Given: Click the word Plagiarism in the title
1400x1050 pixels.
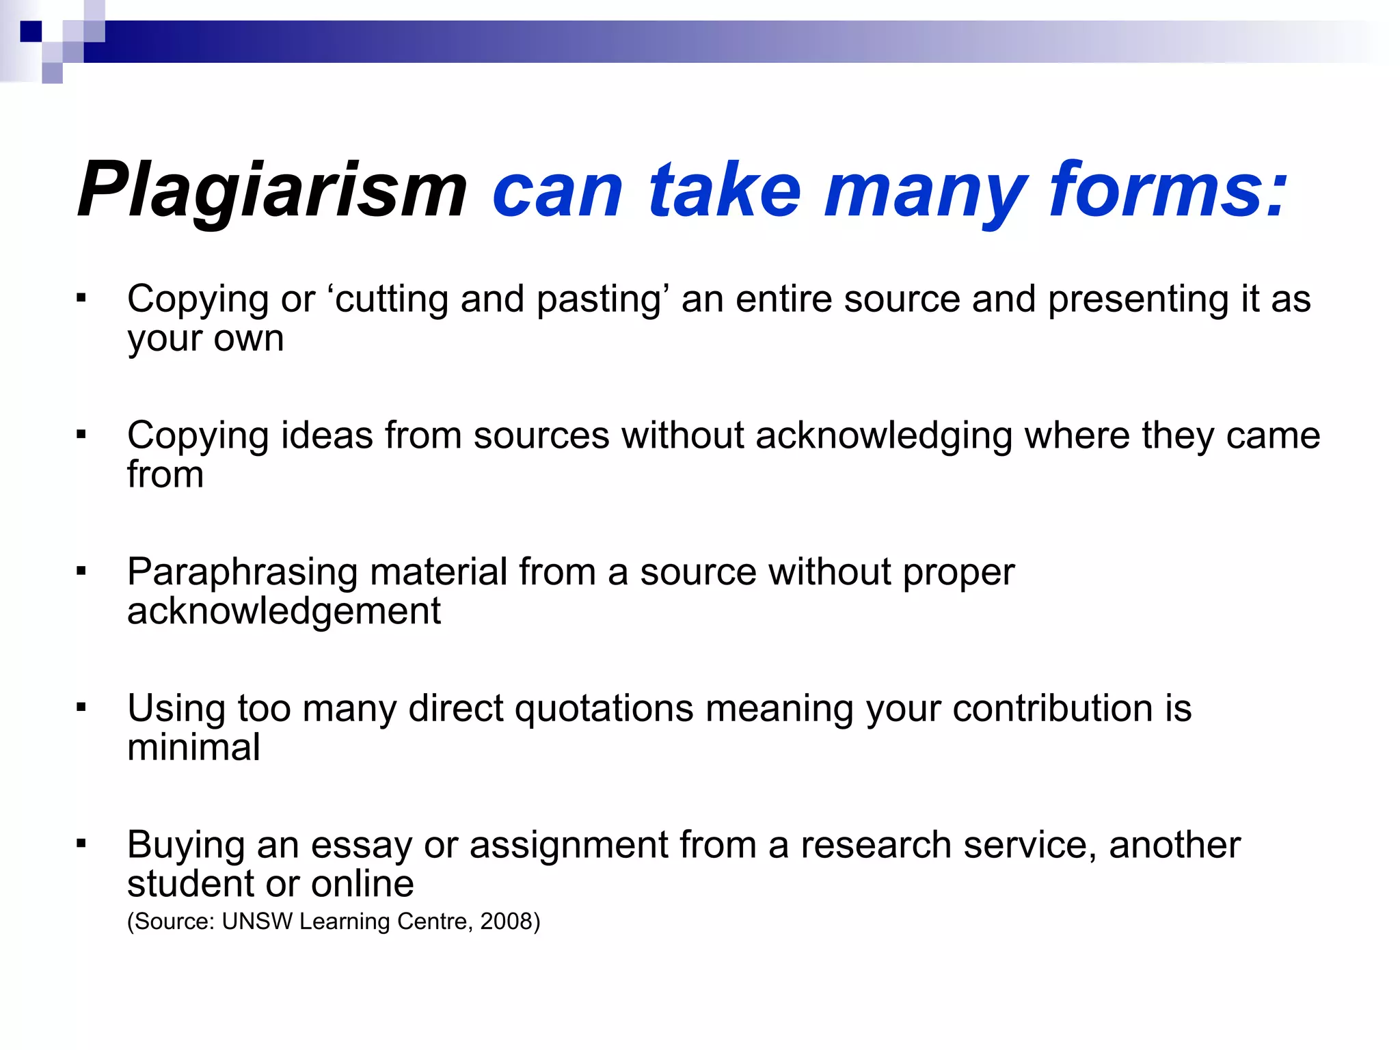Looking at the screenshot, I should pyautogui.click(x=272, y=190).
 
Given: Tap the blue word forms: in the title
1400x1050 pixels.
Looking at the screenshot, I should pyautogui.click(x=1168, y=190).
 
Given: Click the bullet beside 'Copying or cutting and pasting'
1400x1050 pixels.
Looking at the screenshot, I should pyautogui.click(x=81, y=298).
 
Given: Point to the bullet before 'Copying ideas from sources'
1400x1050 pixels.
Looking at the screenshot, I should pyautogui.click(x=81, y=434).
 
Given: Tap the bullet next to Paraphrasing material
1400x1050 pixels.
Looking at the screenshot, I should pyautogui.click(x=81, y=571).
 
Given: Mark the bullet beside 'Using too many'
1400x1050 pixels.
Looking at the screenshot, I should pyautogui.click(x=81, y=708).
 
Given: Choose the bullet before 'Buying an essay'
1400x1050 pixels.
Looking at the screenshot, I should pyautogui.click(x=81, y=844).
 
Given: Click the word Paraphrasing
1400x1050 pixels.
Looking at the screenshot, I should pyautogui.click(x=242, y=573).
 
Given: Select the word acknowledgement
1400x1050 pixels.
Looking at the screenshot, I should pyautogui.click(x=284, y=611).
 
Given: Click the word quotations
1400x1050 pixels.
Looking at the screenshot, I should pyautogui.click(x=604, y=709).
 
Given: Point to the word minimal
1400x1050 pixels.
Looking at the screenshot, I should pyautogui.click(x=193, y=747).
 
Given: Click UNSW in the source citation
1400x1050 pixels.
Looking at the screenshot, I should pyautogui.click(x=257, y=921).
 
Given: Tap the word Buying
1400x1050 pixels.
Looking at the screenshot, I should pyautogui.click(x=186, y=846).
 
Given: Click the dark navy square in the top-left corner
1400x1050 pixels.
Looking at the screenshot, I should pyautogui.click(x=31, y=31).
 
